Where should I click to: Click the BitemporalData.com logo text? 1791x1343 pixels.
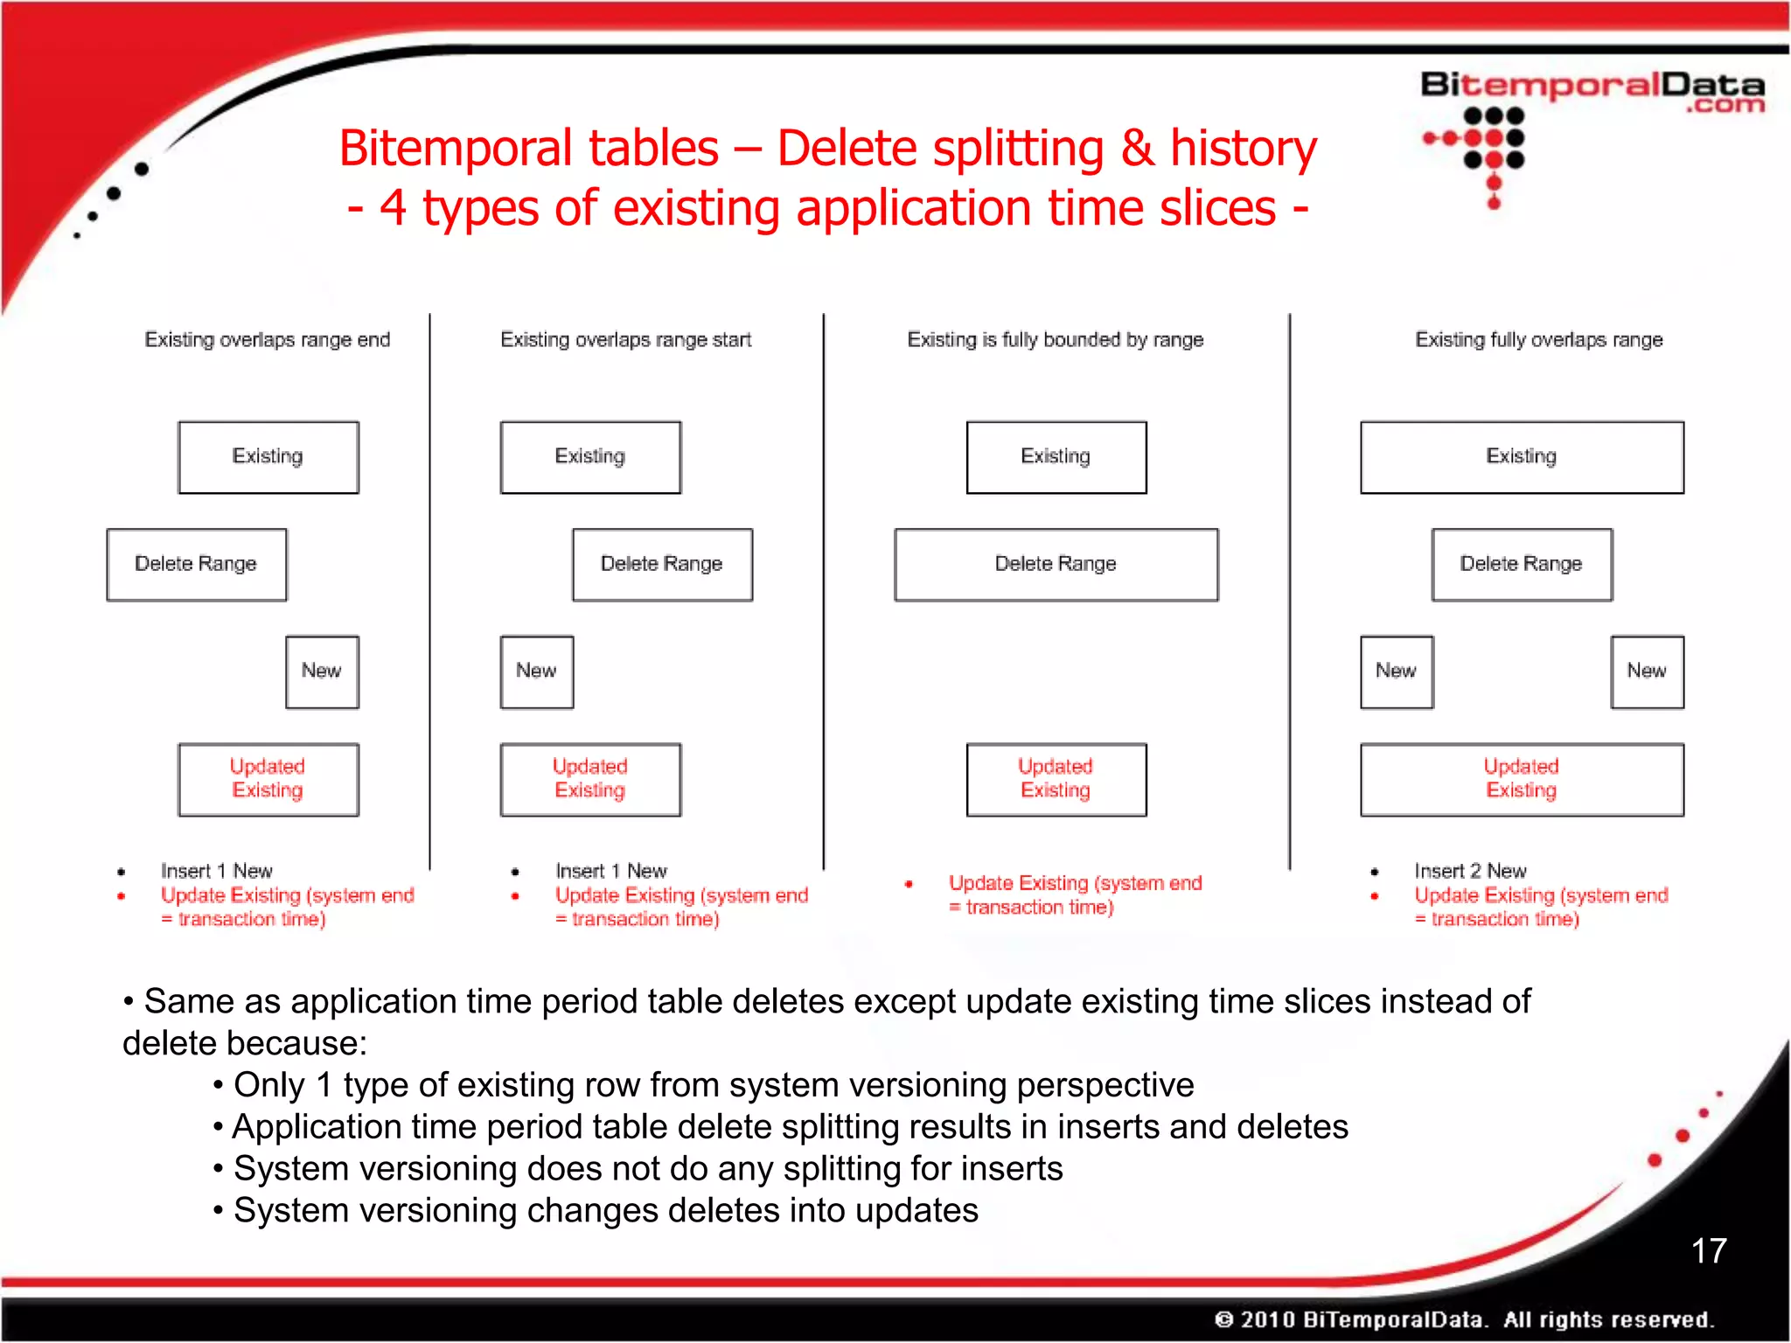1592,90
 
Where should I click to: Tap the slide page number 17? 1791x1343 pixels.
1708,1250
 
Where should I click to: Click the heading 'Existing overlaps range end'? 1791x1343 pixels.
268,339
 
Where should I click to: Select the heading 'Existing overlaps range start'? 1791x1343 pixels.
626,339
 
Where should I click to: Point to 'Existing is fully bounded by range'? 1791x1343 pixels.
1056,339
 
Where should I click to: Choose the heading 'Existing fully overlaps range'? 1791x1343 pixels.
1539,339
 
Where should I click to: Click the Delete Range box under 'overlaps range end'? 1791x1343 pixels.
197,564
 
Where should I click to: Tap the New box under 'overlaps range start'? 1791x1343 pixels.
537,671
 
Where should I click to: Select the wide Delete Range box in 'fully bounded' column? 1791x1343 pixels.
1056,564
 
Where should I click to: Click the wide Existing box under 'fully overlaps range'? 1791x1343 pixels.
1522,457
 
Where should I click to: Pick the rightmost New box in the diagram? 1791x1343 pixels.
1647,671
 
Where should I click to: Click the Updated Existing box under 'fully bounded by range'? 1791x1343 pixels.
1056,779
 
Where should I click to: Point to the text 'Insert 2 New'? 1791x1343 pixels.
1470,871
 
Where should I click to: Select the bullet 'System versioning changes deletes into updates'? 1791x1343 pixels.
605,1211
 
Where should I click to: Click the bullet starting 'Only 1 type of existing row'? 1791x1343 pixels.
713,1085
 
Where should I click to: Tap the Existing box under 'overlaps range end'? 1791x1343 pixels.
268,457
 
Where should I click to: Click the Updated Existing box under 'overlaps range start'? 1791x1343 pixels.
590,779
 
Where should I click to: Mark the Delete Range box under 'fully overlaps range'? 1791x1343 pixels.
1522,564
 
